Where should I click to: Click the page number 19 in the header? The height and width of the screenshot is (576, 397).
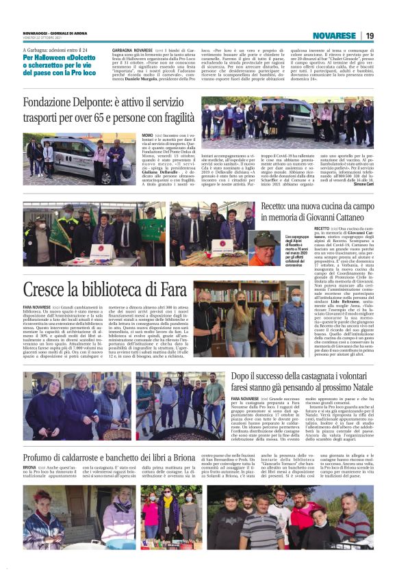[369, 36]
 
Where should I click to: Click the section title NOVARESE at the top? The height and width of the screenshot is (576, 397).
[334, 36]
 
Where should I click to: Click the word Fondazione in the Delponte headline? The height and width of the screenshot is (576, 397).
[51, 103]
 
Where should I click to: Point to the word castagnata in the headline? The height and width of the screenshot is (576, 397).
[311, 376]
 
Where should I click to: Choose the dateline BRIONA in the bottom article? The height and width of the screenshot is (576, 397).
[31, 468]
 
